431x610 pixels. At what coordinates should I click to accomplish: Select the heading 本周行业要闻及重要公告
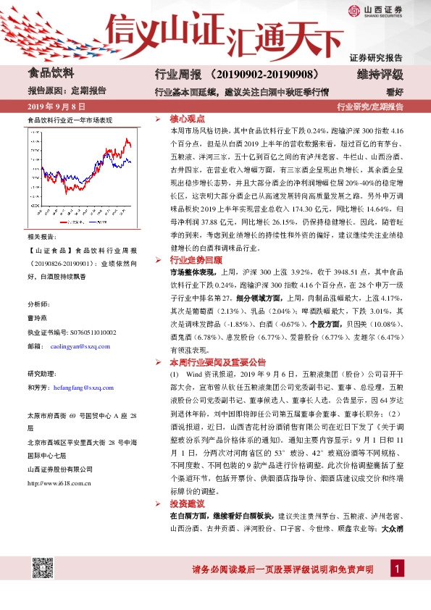218,362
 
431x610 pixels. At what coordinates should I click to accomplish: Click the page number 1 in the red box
397,569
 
